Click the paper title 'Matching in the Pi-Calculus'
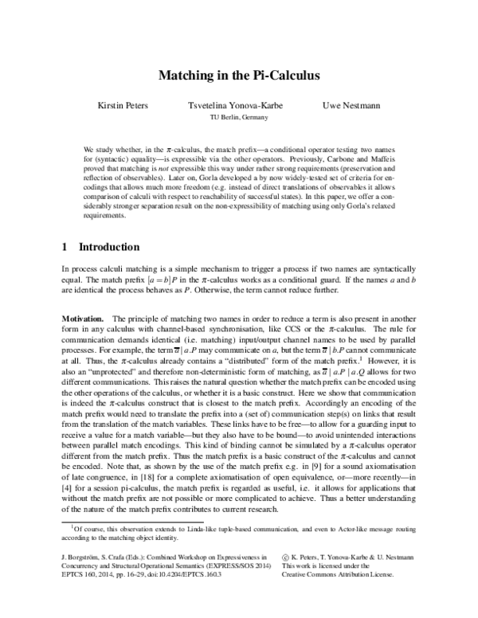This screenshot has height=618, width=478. [239, 77]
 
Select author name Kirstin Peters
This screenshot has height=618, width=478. [122, 105]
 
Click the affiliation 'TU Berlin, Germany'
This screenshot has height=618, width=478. [239, 117]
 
